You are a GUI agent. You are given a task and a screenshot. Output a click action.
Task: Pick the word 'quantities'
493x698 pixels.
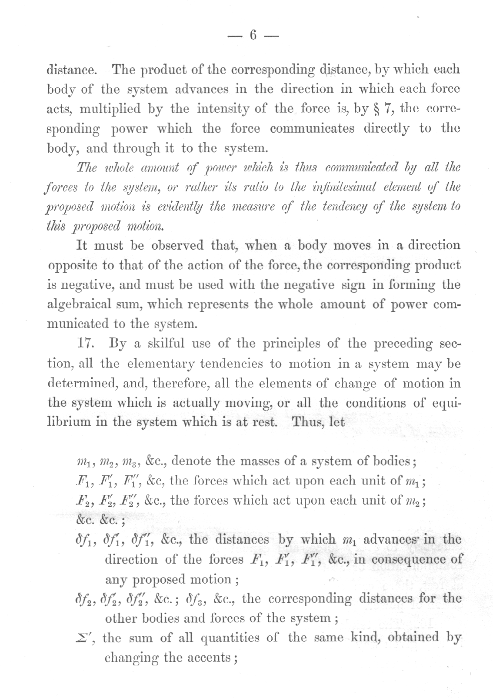click(230, 638)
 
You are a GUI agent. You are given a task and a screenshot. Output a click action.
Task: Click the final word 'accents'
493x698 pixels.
click(210, 658)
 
